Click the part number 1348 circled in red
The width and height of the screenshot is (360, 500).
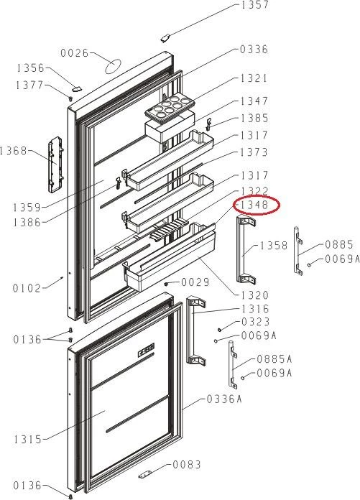254,205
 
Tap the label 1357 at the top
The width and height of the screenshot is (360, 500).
255,5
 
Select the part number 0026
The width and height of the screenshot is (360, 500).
75,53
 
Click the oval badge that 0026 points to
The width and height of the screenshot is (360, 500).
113,66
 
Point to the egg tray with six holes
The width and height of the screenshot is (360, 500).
170,107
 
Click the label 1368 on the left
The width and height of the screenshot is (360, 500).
14,151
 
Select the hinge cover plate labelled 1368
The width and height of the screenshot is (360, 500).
56,165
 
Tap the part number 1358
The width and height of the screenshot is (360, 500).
274,246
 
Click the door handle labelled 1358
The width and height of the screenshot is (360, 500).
246,249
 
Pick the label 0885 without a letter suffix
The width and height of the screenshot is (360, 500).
339,244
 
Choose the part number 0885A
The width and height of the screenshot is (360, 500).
274,359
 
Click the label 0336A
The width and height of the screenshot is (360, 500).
224,399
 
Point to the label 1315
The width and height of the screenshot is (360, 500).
28,440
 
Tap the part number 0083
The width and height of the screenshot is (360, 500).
187,465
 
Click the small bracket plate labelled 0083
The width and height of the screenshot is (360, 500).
147,475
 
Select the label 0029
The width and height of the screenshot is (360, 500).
195,282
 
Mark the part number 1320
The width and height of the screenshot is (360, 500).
255,295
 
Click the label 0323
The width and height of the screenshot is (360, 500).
255,322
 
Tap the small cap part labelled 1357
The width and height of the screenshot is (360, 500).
165,38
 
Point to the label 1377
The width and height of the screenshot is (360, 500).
29,85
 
